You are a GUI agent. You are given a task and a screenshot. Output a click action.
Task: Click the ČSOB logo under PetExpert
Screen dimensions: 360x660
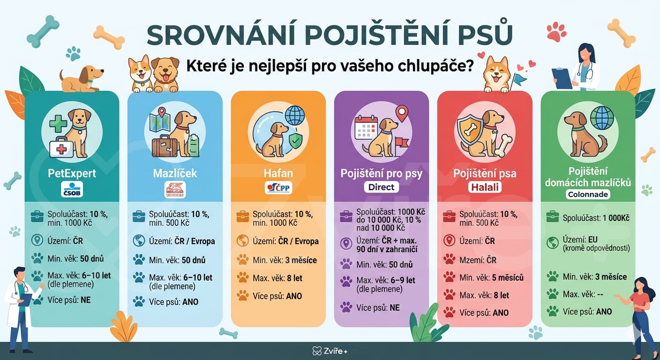pos(72,189)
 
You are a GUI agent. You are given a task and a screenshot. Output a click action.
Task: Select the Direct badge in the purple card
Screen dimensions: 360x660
pos(381,187)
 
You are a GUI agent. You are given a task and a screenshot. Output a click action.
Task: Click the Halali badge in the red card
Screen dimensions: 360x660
pos(484,188)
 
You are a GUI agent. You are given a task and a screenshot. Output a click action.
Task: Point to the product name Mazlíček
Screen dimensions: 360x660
pos(175,173)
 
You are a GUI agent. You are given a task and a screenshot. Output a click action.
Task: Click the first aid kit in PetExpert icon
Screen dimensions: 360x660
pos(61,148)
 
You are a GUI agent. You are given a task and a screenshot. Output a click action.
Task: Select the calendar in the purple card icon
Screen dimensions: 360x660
pos(366,127)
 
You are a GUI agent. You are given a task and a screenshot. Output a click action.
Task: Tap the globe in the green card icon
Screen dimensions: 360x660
pos(602,118)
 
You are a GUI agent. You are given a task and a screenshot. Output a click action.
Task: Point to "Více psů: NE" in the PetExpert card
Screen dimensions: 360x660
pos(68,300)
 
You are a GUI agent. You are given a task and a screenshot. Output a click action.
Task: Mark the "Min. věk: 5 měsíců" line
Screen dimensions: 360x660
pos(491,277)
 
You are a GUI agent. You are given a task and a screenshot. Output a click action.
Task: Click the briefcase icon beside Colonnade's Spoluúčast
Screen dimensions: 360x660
pos(553,217)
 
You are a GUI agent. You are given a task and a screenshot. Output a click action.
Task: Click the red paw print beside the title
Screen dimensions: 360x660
pos(556,32)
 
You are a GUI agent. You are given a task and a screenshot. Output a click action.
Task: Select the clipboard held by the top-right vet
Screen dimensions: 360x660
pos(562,77)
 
